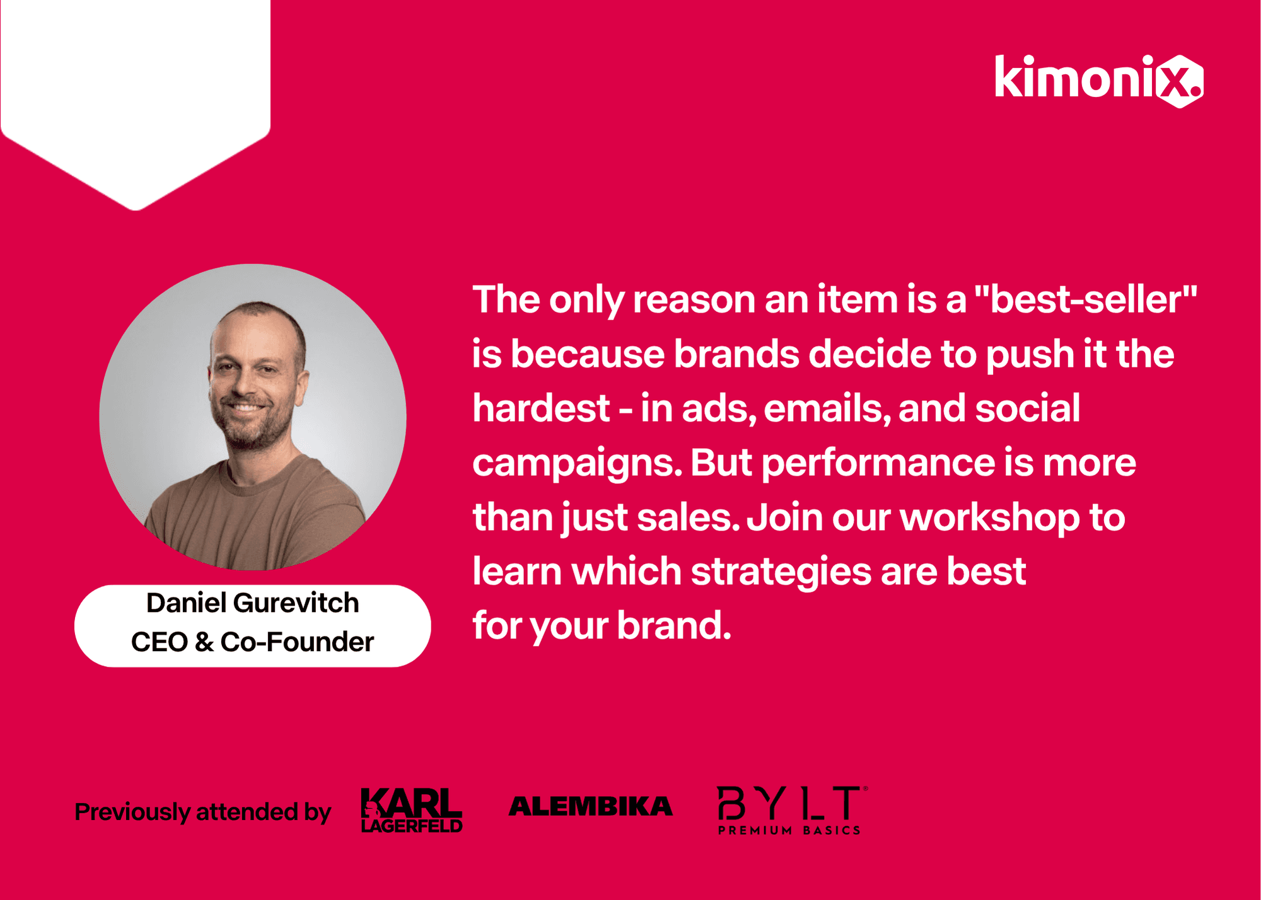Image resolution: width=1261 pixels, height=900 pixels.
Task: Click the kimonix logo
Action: tap(1098, 81)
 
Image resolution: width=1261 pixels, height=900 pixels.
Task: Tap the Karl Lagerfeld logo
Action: tap(412, 810)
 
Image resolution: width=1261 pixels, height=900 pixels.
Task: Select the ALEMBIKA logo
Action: tap(590, 807)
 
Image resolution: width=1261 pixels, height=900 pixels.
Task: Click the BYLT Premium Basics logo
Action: tap(792, 811)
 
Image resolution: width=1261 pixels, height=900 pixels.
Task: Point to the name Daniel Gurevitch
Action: tap(253, 603)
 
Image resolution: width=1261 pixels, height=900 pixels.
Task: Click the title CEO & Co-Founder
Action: tap(253, 642)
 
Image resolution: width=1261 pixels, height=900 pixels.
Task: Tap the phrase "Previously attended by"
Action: tap(202, 812)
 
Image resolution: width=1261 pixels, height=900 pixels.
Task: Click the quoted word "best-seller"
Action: tap(1086, 299)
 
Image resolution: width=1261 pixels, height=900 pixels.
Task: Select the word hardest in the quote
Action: tap(541, 408)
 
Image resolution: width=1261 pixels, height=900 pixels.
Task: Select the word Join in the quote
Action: tap(785, 518)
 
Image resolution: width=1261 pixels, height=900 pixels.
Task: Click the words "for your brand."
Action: tap(602, 626)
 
